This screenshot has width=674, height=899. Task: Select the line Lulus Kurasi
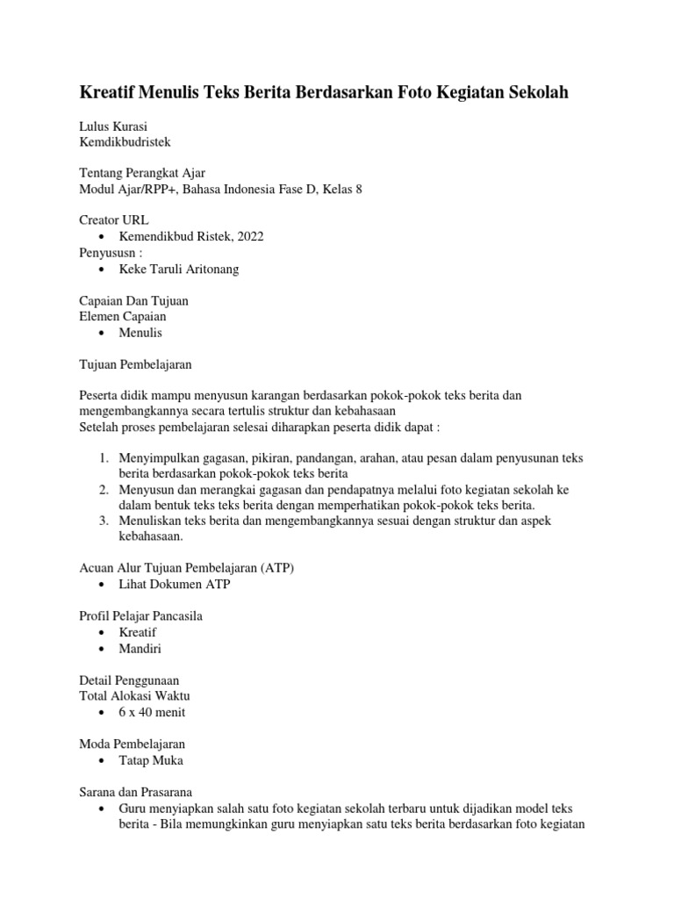point(113,126)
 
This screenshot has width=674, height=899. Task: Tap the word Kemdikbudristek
point(125,141)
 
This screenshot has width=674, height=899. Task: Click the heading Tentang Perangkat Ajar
point(142,173)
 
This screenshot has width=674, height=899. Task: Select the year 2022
point(248,236)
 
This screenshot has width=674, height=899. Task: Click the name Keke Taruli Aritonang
point(179,269)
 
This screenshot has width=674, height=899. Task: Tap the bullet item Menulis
point(140,333)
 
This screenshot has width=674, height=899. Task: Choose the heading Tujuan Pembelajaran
point(135,363)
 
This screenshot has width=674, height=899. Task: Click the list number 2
point(103,489)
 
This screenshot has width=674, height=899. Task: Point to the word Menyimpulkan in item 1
point(161,458)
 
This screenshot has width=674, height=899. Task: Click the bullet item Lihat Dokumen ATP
point(176,584)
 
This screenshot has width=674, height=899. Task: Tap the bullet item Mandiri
point(140,649)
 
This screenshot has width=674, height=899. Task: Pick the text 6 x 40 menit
point(152,712)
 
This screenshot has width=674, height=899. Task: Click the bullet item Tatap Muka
point(151,760)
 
